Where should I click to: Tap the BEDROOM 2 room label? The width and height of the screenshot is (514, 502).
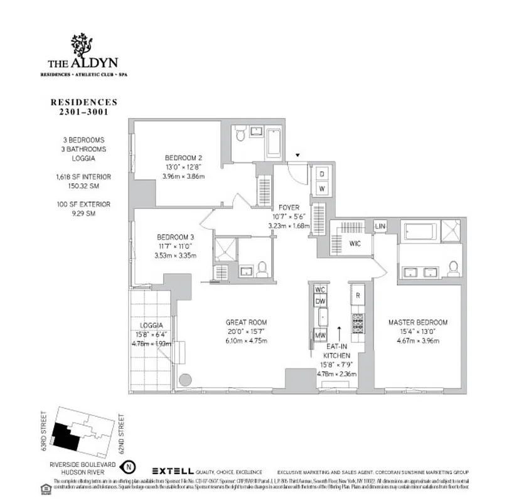[x=183, y=158]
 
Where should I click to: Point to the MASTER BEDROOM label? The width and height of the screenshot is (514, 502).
[x=412, y=322]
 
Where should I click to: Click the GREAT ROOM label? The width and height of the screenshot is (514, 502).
[x=246, y=322]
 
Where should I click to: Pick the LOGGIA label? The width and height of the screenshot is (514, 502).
[x=152, y=325]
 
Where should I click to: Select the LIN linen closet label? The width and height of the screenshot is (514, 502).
[x=380, y=226]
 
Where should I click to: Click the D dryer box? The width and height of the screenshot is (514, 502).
[x=321, y=174]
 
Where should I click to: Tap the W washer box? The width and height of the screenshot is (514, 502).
[x=321, y=188]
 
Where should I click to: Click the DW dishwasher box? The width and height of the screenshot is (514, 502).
[x=320, y=301]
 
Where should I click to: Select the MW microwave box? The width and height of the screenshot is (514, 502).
[x=319, y=335]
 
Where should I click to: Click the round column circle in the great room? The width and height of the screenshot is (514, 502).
[x=186, y=380]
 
